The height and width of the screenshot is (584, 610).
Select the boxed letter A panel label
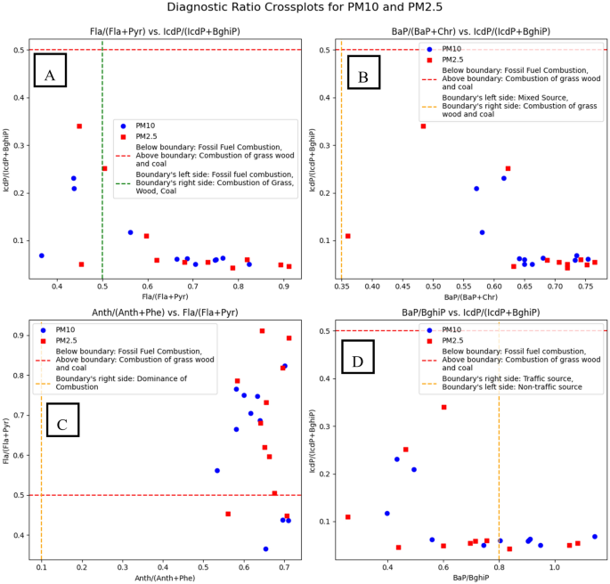point(50,71)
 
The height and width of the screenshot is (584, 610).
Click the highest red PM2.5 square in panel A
point(79,126)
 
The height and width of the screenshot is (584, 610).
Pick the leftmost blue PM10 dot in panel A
point(41,255)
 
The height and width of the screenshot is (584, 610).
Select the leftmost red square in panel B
point(347,236)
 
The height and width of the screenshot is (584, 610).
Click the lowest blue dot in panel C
point(265,549)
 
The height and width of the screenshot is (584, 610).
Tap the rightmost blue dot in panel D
point(595,537)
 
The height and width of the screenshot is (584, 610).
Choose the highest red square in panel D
point(443,407)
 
